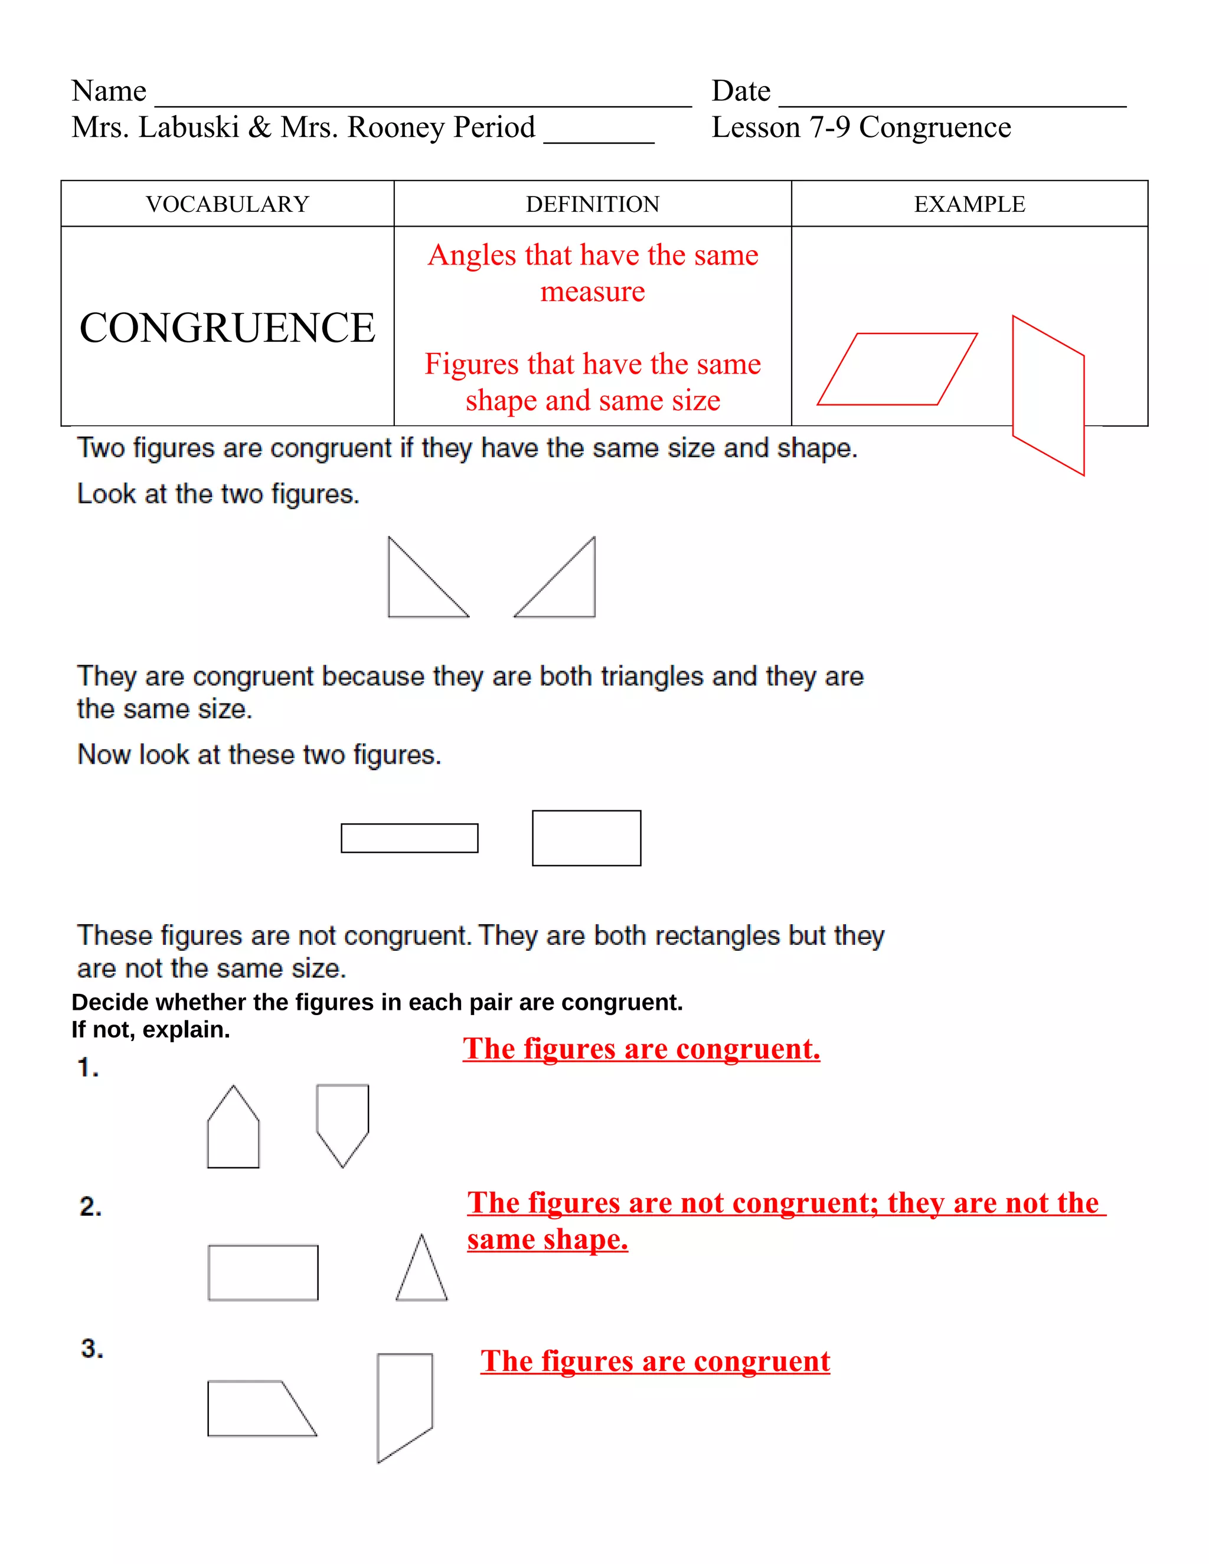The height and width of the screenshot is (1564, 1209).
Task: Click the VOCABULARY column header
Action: pos(227,204)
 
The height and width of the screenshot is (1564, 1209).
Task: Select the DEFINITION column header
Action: pos(592,204)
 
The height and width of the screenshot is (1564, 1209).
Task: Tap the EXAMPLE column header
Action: pos(969,204)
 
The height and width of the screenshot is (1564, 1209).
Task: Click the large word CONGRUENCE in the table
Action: pos(227,328)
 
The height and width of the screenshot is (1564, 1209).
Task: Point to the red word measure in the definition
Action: pos(592,292)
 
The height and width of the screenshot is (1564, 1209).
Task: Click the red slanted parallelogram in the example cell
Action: pos(897,369)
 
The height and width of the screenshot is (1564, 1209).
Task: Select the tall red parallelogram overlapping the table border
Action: pos(1048,395)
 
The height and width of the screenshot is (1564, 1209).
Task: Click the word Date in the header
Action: pos(741,91)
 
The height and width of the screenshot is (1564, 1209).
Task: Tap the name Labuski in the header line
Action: pos(188,127)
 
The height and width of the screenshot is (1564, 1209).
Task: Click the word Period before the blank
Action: pos(494,127)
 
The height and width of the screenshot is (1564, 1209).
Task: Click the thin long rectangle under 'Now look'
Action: pos(409,838)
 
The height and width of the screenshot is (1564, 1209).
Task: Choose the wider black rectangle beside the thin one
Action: pos(586,838)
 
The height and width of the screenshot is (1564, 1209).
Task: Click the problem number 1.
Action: pos(87,1068)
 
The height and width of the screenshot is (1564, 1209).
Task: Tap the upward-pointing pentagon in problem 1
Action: pos(233,1131)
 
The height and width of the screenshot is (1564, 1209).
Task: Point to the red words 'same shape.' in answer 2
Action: pos(547,1239)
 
